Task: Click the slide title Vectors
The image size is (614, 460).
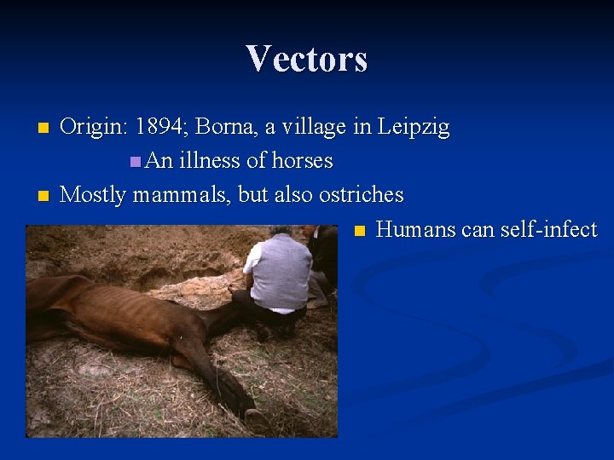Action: (307, 59)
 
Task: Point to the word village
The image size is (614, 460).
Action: (317, 127)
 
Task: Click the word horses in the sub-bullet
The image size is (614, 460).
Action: (302, 160)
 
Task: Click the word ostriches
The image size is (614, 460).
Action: (361, 194)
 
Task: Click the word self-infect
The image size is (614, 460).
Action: (548, 229)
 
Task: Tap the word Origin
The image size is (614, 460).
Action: (91, 127)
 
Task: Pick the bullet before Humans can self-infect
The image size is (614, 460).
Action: (359, 231)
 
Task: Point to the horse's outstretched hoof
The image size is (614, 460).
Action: (253, 415)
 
